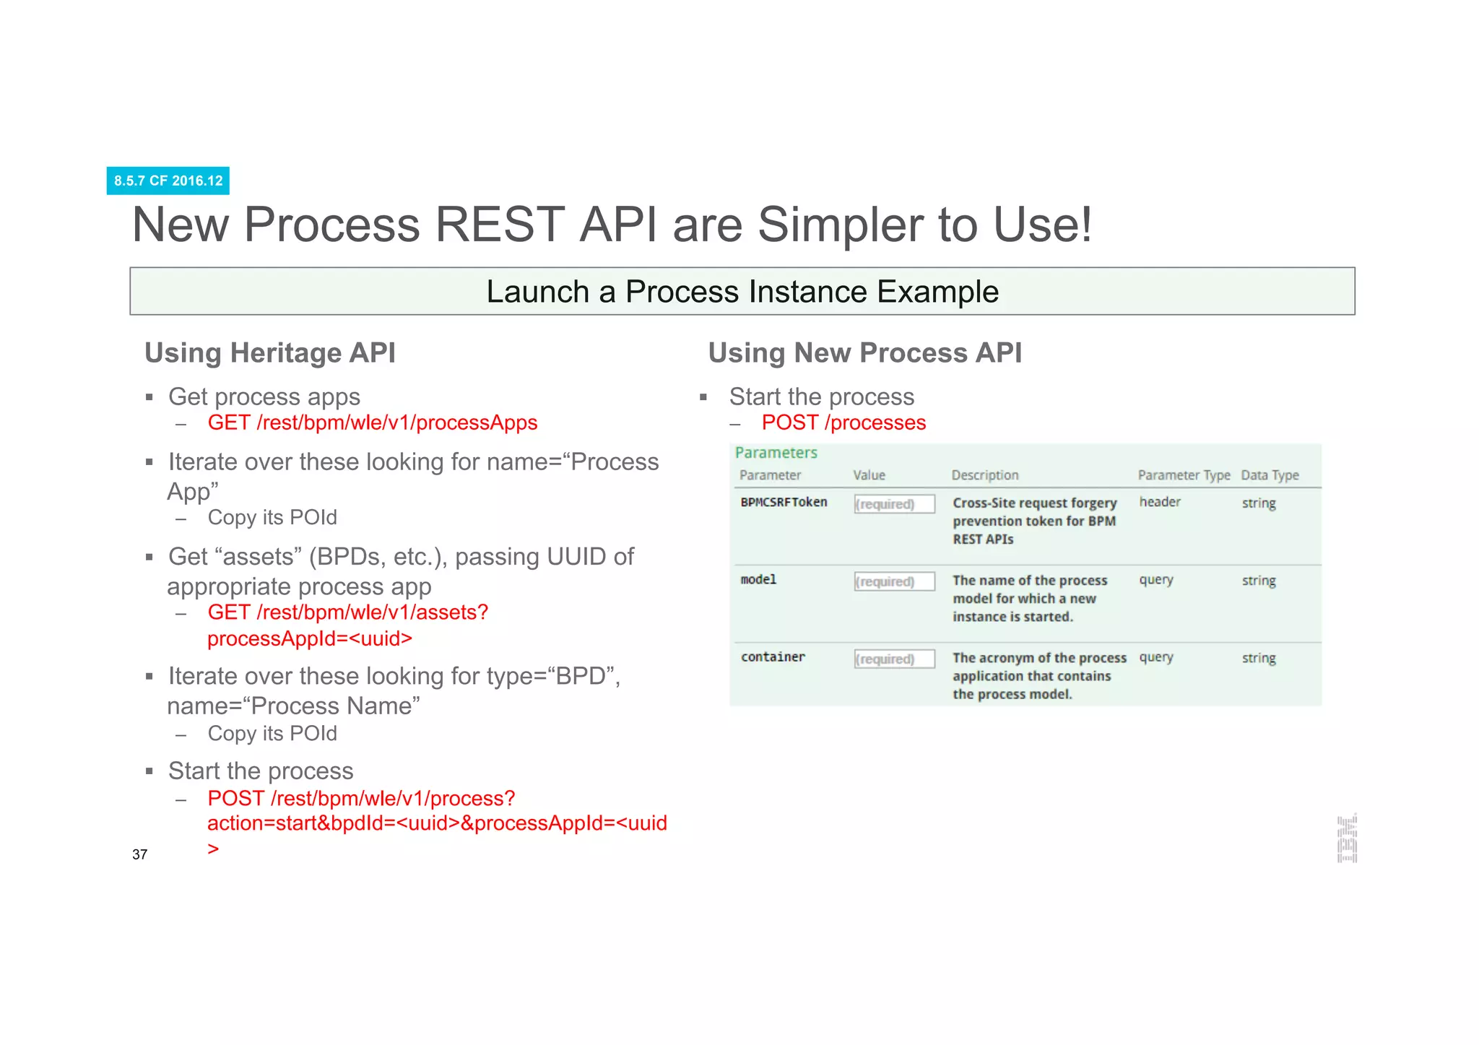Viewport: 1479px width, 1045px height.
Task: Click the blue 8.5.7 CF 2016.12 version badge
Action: pos(168,181)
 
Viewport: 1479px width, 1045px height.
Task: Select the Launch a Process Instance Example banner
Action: pos(742,292)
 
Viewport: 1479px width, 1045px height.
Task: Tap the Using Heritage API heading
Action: pos(270,353)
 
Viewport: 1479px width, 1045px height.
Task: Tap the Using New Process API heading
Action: pos(864,353)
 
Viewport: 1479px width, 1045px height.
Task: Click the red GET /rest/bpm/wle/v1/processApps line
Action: pos(372,422)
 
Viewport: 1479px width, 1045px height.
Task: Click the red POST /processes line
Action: pos(843,422)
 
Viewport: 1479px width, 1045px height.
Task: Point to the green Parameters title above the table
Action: pos(776,453)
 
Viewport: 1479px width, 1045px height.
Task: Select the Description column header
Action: pos(984,475)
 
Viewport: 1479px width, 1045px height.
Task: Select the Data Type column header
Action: pos(1270,475)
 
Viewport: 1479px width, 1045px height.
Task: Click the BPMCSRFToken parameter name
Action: pos(784,502)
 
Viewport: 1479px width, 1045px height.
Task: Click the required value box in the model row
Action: pos(894,581)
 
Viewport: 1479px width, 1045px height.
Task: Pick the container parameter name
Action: pos(773,657)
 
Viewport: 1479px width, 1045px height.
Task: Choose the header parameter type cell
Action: pos(1160,502)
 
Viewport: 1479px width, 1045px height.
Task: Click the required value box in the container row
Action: pos(894,659)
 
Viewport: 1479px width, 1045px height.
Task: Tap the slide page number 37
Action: pos(140,854)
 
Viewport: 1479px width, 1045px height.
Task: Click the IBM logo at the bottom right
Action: pos(1347,838)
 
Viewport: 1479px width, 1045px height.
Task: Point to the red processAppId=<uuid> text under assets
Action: pos(310,638)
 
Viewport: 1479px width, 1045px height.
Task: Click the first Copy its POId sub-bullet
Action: pos(272,518)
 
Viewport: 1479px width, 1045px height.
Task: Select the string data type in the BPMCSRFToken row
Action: pos(1258,503)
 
